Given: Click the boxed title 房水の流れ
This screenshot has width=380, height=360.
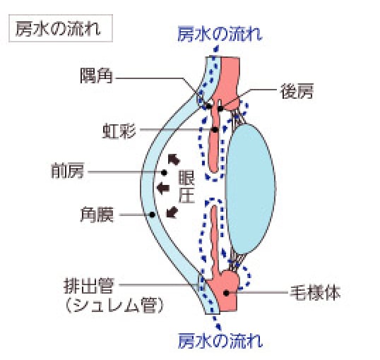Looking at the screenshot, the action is pos(58,28).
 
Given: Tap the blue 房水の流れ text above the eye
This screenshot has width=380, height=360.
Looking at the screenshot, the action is pos(220,34).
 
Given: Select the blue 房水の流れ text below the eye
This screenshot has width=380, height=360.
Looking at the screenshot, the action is pos(220,341).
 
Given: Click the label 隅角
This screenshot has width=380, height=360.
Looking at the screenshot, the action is pos(97,76).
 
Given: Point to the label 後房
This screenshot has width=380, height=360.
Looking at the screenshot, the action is pos(297,91).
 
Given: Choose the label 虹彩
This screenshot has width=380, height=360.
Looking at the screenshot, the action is pos(119,131).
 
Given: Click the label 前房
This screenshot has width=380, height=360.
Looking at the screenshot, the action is pos(68,171).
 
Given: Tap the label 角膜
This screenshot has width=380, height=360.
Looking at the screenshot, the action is pos(97,215).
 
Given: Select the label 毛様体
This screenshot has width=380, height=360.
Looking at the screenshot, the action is pos(315,293).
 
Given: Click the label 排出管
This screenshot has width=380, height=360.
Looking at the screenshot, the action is pos(89,286).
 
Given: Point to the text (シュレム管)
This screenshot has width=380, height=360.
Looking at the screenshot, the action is pos(114,305).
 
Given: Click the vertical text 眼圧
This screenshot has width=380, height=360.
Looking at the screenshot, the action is pos(187,187).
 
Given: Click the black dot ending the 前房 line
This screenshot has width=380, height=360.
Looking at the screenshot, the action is pos(164,172).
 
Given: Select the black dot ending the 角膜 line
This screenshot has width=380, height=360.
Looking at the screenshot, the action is pos(152,215).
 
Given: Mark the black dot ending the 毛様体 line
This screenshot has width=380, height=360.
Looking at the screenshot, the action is pos(226,293).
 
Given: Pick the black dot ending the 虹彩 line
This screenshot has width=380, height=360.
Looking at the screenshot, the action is pos(215,130).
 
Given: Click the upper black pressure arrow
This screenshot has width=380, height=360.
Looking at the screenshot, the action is pos(174,159).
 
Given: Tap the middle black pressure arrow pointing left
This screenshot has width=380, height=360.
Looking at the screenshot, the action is pos(163,188).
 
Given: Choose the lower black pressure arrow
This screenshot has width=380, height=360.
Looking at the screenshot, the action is pos(172,212).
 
